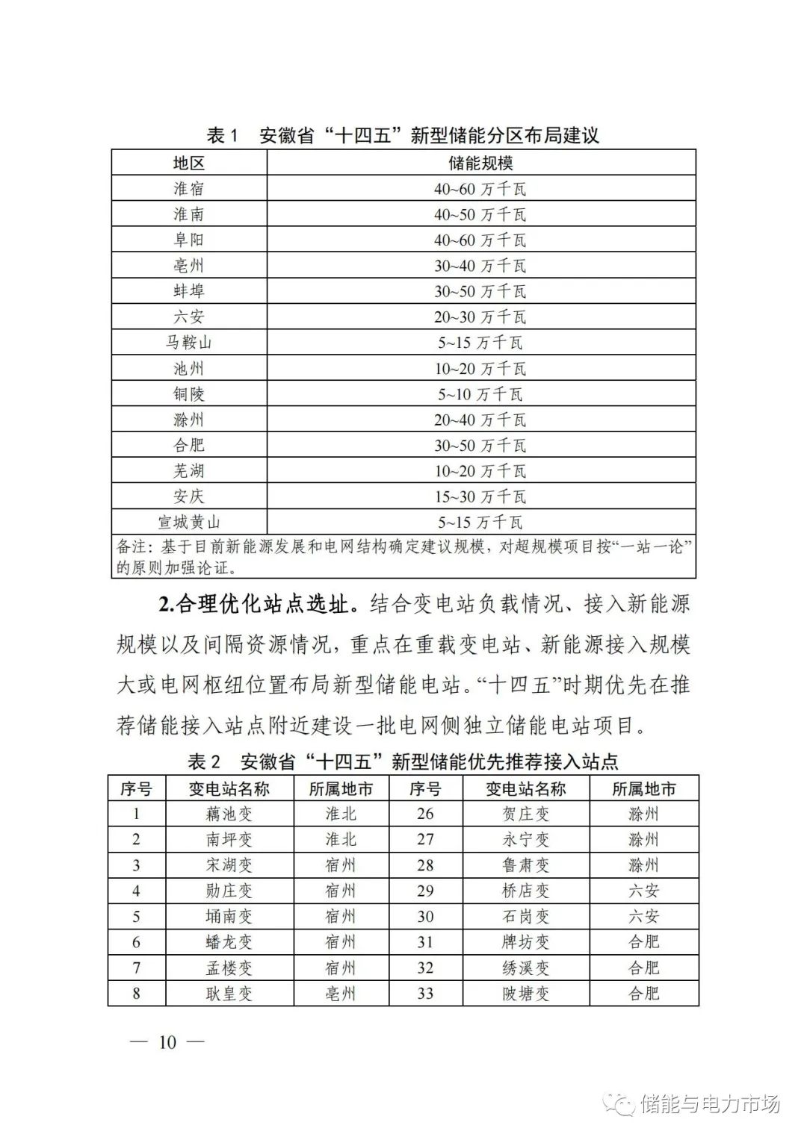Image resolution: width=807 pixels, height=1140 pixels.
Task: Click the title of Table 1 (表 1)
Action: coord(403,136)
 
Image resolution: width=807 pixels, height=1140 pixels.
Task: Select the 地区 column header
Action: coord(189,163)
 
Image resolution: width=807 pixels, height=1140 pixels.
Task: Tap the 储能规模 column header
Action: coord(480,163)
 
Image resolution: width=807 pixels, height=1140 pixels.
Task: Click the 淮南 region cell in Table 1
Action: coord(189,214)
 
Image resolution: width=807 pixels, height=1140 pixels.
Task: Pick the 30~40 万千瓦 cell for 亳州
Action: coord(480,266)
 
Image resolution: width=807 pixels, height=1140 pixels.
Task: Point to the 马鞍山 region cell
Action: coord(189,343)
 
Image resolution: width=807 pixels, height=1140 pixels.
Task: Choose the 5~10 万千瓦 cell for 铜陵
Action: coord(480,394)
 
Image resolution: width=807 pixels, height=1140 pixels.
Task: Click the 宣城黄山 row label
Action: coord(189,522)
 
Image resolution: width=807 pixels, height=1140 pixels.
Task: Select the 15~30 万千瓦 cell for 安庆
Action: coord(480,496)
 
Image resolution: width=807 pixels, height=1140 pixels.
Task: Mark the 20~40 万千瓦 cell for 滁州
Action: coord(480,420)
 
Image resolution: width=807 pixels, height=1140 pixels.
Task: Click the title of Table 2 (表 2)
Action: coord(403,762)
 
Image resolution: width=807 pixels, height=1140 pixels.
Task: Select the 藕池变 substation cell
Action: coord(229,814)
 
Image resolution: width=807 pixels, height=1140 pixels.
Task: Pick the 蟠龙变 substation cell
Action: coord(229,942)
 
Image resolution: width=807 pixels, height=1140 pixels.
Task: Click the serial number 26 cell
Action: coord(425,814)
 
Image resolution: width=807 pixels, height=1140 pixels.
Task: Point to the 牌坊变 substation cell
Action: coord(525,942)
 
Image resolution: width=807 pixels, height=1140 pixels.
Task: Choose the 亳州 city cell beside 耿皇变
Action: coord(341,994)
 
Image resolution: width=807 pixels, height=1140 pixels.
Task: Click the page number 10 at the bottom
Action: coord(167,1042)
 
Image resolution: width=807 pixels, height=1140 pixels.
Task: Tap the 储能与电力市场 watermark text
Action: coord(710,1103)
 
